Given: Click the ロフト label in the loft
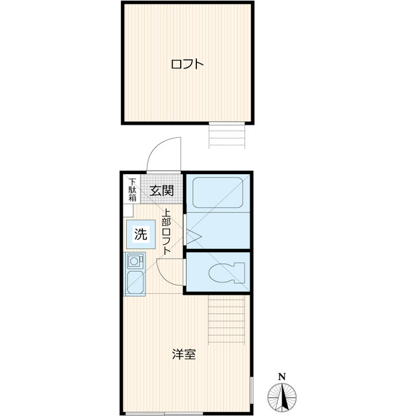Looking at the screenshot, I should click(x=187, y=64).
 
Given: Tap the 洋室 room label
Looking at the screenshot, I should click(x=184, y=355).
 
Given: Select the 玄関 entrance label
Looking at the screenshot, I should click(x=162, y=190).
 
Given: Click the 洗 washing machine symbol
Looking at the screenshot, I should click(x=140, y=235).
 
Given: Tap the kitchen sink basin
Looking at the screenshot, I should click(x=135, y=283).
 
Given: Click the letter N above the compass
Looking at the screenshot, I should click(x=281, y=376).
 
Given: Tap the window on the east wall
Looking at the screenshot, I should click(x=251, y=393).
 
